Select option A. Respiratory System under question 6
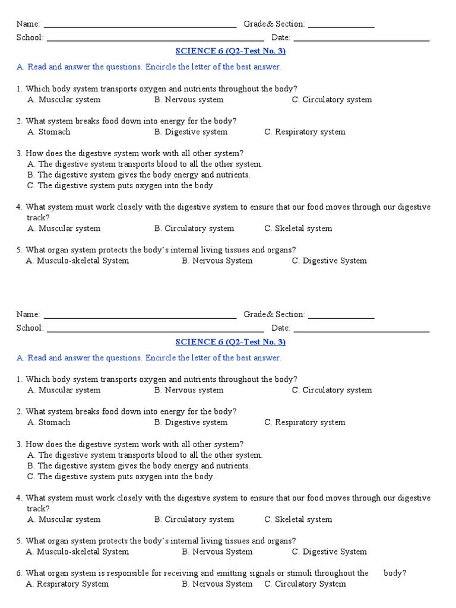tap(67, 584)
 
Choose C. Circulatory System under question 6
tap(305, 584)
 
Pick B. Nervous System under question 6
tap(217, 584)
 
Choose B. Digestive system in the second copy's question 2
tap(191, 422)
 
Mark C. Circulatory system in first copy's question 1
tap(332, 100)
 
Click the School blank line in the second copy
tap(155, 330)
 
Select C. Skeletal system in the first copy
tap(299, 228)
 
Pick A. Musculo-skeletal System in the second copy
tap(78, 552)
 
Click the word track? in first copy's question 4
tap(38, 217)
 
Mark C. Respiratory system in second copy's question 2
tap(305, 422)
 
